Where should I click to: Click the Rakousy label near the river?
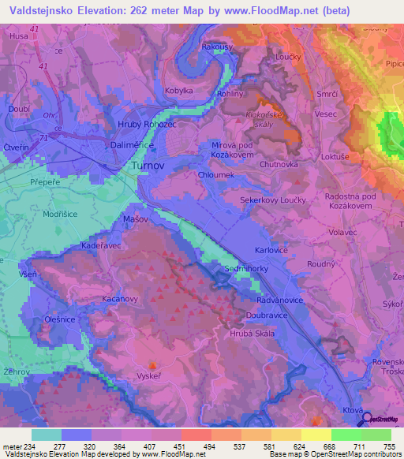coord(217,47)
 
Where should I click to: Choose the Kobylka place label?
coord(178,91)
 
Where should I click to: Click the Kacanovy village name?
coord(121,300)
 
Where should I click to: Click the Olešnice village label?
coord(60,319)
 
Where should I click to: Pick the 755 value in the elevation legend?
coord(388,446)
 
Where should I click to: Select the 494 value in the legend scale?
coord(210,446)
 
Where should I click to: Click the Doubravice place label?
coord(267,314)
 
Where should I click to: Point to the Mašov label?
coord(137,218)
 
